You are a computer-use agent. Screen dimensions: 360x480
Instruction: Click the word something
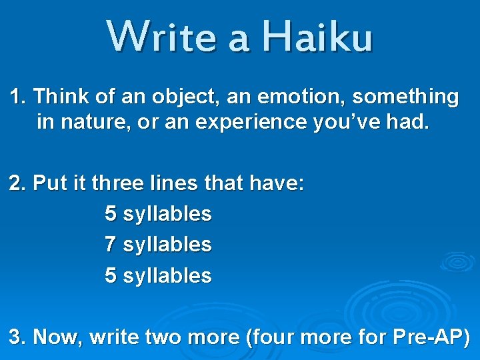coord(405,97)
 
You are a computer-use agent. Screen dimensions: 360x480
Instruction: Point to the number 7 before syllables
coord(111,245)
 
